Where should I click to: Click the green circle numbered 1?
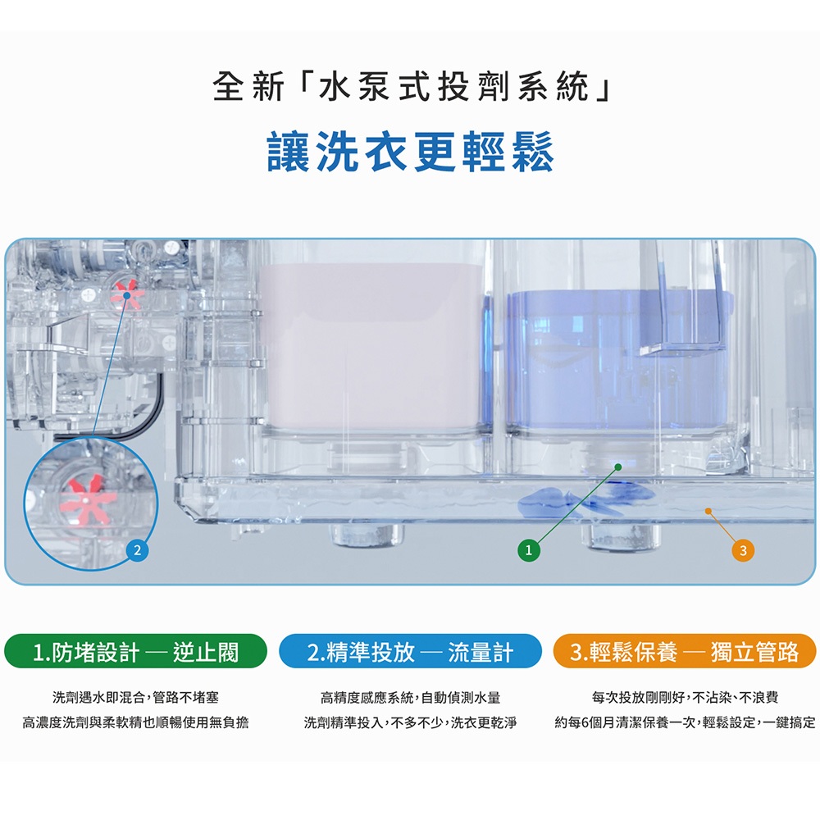528,550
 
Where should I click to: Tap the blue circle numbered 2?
137,550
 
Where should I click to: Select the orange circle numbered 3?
743,550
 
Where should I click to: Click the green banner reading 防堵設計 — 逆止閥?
135,652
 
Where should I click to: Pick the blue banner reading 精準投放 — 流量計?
410,652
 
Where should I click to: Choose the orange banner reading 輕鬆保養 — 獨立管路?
685,652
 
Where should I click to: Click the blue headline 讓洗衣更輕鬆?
410,151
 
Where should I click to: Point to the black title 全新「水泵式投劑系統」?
411,86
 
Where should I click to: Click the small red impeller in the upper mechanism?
126,295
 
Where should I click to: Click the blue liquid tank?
617,361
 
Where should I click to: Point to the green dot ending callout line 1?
618,467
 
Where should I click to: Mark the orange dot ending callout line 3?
708,511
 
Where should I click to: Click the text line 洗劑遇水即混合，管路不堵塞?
135,697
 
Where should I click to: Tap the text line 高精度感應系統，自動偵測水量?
410,697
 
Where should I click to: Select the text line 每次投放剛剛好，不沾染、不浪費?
685,697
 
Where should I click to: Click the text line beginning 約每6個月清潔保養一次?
685,722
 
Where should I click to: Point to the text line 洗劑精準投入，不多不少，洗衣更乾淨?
410,722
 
